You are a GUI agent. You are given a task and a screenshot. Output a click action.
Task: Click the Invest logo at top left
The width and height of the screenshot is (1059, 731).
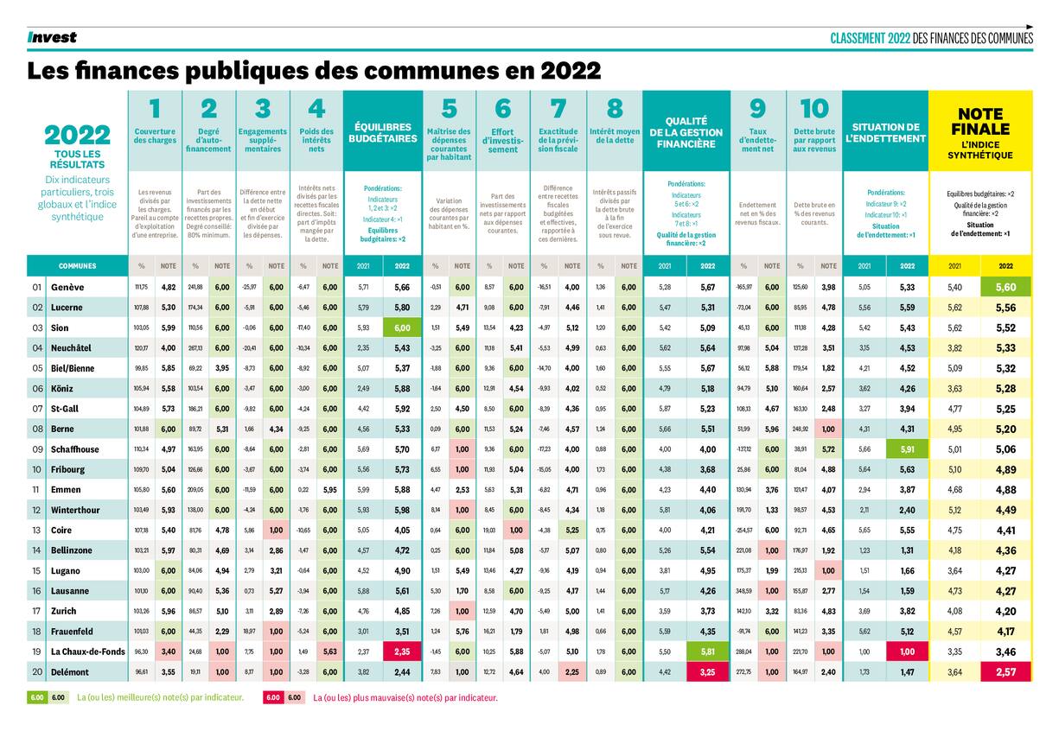(x=52, y=37)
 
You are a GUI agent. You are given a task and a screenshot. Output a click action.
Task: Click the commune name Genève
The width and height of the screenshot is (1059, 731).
(x=67, y=287)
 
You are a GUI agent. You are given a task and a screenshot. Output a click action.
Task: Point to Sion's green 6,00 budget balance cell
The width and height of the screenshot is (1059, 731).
(x=402, y=327)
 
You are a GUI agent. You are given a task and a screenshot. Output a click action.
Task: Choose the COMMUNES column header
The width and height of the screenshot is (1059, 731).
(x=77, y=266)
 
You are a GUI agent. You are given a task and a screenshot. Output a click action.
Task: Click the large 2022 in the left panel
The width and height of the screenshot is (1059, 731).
(x=77, y=136)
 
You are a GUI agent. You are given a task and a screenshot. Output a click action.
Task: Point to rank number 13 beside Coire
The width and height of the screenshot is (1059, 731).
(x=36, y=530)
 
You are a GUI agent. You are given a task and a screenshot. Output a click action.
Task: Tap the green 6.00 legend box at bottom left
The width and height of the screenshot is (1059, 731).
(x=38, y=697)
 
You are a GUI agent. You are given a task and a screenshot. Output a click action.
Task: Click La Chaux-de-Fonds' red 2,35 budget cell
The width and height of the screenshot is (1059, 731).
(x=402, y=652)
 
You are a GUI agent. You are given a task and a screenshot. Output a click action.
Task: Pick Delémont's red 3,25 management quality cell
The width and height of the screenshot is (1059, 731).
(x=706, y=671)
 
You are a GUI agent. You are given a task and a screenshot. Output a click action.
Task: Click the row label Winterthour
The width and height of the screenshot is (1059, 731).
(x=79, y=510)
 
